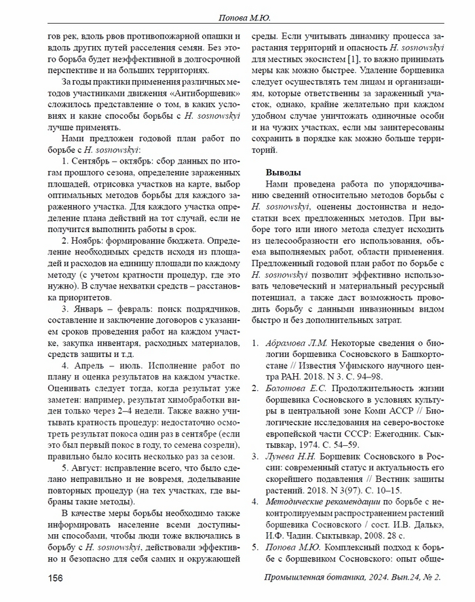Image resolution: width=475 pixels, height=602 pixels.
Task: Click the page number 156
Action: pyautogui.click(x=55, y=577)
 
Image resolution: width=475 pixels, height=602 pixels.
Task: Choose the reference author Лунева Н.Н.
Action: pyautogui.click(x=288, y=457)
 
